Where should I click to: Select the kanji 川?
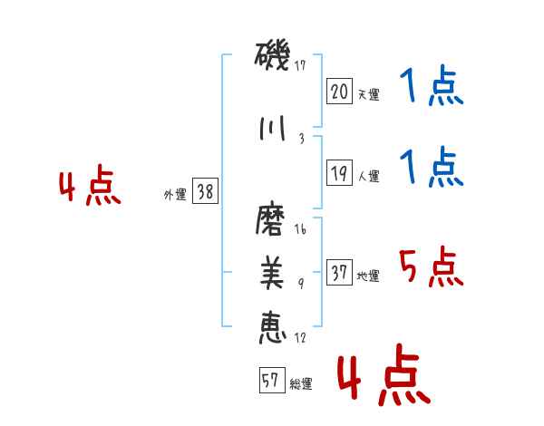271,128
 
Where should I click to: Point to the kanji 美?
272,273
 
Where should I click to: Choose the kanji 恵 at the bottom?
272,324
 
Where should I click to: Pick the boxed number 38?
206,192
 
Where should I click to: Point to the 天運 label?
368,94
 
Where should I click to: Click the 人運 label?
368,176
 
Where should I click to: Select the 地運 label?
368,276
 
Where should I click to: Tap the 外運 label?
175,194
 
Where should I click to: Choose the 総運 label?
301,384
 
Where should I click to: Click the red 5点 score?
432,268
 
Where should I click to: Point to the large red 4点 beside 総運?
384,379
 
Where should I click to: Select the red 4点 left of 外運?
89,187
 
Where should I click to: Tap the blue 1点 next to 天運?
432,88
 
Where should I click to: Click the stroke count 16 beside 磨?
300,230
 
